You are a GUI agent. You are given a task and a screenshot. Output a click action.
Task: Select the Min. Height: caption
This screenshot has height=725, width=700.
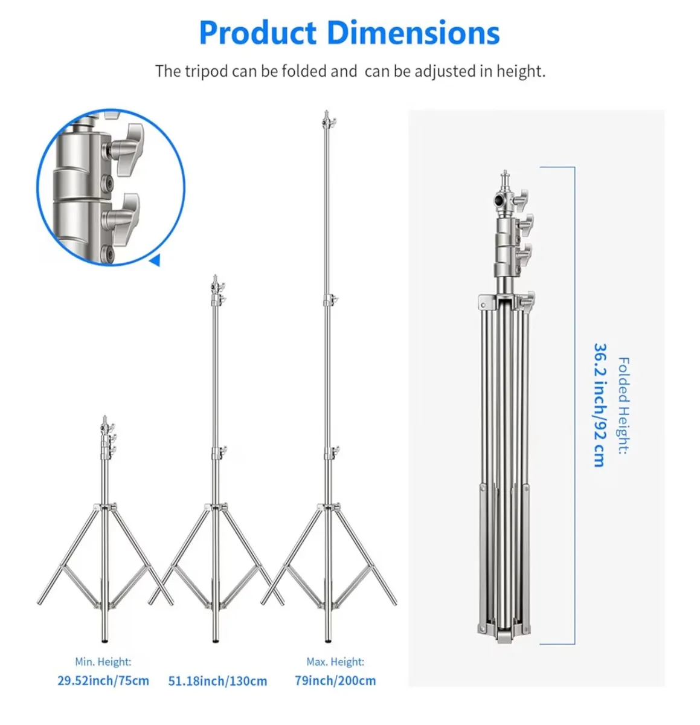pyautogui.click(x=103, y=662)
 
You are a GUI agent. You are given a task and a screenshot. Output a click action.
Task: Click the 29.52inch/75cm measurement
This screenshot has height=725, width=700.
pyautogui.click(x=103, y=681)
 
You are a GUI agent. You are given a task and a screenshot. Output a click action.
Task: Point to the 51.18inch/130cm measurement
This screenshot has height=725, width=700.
pyautogui.click(x=217, y=681)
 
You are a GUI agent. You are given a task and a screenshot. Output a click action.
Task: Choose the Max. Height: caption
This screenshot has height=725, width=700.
pyautogui.click(x=335, y=662)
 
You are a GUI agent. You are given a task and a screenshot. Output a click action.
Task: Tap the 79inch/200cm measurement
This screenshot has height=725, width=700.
pyautogui.click(x=335, y=681)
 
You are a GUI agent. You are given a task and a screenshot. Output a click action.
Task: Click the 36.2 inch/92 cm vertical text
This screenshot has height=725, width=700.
pyautogui.click(x=599, y=405)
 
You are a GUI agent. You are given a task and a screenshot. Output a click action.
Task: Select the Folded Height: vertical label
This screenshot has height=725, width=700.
pyautogui.click(x=623, y=405)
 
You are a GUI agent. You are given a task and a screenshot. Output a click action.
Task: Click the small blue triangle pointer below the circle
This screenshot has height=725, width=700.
pyautogui.click(x=155, y=261)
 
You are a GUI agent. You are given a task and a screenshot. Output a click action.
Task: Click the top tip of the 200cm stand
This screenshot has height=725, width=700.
pyautogui.click(x=327, y=114)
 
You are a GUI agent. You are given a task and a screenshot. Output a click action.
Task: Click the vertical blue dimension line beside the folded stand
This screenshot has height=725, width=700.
pyautogui.click(x=574, y=405)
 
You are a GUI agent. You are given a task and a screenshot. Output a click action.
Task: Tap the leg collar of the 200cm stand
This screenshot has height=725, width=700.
pyautogui.click(x=328, y=507)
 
